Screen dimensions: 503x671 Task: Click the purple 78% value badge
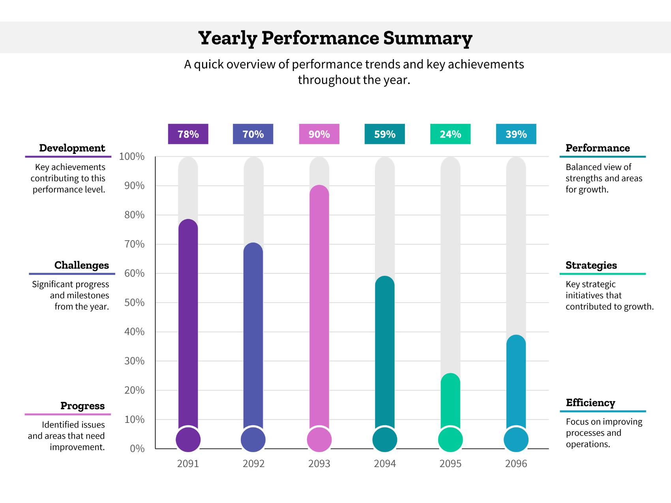click(188, 134)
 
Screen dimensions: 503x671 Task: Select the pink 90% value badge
click(319, 134)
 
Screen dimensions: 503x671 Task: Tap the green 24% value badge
click(450, 134)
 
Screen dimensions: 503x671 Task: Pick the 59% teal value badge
click(384, 134)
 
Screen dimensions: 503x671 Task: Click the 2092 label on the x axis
click(253, 464)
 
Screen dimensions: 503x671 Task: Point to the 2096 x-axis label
click(516, 464)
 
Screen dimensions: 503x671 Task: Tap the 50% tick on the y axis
click(134, 303)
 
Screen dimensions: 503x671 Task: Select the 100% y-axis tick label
click(132, 157)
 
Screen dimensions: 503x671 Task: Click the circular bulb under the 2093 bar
click(319, 439)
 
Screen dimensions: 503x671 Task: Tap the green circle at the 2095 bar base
click(450, 439)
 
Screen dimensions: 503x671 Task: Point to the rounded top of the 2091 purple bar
click(188, 226)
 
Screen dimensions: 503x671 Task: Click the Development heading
click(72, 148)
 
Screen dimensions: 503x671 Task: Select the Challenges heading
click(81, 265)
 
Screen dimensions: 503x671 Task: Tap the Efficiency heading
click(590, 403)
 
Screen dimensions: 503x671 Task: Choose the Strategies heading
click(591, 265)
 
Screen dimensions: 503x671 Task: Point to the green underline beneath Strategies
click(602, 274)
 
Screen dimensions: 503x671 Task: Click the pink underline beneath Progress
click(67, 414)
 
